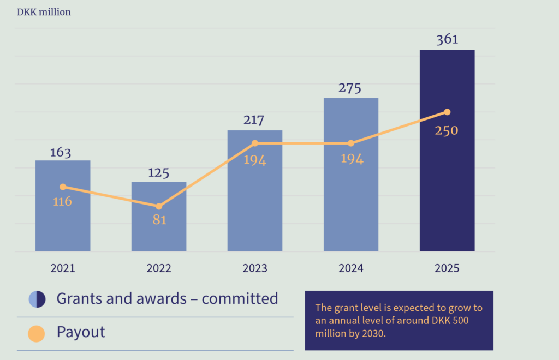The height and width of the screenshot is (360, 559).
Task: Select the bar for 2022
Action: pyautogui.click(x=159, y=229)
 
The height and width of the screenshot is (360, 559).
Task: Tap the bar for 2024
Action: pyautogui.click(x=351, y=207)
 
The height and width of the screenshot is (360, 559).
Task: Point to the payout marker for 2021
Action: pyautogui.click(x=63, y=187)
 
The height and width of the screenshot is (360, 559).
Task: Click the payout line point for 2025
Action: pyautogui.click(x=447, y=112)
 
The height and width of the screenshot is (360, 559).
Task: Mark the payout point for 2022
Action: pyautogui.click(x=159, y=206)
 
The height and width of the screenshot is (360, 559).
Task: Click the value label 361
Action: pyautogui.click(x=447, y=39)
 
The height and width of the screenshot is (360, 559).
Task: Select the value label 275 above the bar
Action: pyautogui.click(x=350, y=88)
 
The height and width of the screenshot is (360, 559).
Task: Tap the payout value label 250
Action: pyautogui.click(x=447, y=130)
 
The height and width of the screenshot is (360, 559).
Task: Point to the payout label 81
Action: pyautogui.click(x=159, y=220)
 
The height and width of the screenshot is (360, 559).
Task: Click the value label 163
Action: pyautogui.click(x=61, y=152)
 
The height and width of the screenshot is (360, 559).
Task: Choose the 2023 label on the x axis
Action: pyautogui.click(x=255, y=268)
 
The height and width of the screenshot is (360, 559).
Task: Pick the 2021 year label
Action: pyautogui.click(x=63, y=268)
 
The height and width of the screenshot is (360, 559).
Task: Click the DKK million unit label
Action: pyautogui.click(x=44, y=12)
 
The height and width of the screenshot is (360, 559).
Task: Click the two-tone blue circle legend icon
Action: pyautogui.click(x=37, y=299)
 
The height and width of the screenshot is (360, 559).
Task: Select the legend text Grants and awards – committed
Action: pyautogui.click(x=167, y=299)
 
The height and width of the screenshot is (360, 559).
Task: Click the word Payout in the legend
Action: pyautogui.click(x=81, y=332)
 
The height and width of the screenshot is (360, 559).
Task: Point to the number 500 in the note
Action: pyautogui.click(x=456, y=321)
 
